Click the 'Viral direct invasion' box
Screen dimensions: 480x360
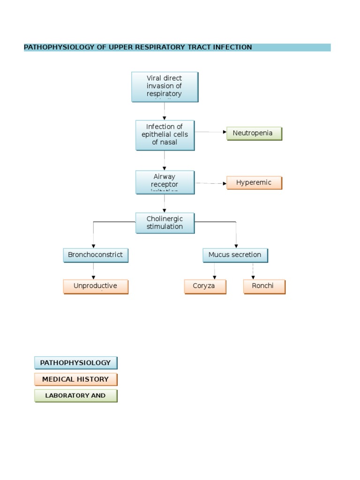(x=165, y=87)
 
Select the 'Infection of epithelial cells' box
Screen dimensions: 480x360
(x=165, y=135)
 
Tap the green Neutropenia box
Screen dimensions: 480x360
(x=254, y=134)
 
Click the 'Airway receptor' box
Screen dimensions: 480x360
(x=165, y=182)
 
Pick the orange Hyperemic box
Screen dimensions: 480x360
(x=254, y=183)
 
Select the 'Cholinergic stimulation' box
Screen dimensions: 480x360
(x=165, y=223)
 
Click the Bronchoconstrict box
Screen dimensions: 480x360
(x=95, y=255)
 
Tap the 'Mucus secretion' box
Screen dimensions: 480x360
(x=235, y=255)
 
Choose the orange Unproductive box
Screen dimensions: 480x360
(x=95, y=286)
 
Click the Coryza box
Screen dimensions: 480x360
(x=205, y=286)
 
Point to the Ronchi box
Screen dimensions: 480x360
(x=264, y=286)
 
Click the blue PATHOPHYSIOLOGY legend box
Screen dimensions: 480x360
(x=75, y=363)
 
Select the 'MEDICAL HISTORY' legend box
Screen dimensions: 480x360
(x=75, y=379)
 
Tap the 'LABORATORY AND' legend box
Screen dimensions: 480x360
(x=75, y=396)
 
